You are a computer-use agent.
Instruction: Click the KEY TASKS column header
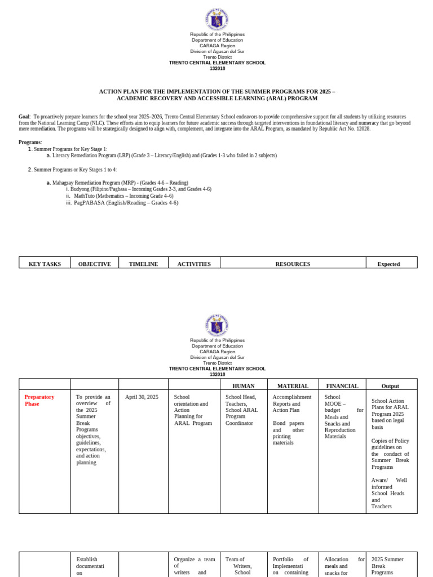[x=45, y=264]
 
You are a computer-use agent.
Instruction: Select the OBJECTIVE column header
[x=95, y=264]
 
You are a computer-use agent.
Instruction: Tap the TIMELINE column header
[x=143, y=264]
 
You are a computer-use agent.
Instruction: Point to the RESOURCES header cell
[x=293, y=264]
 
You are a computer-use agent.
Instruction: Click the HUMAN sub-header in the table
[x=244, y=386]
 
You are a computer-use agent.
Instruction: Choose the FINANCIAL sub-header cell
[x=342, y=386]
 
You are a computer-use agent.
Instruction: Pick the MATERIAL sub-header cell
[x=293, y=386]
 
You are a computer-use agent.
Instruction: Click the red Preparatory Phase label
[x=39, y=400]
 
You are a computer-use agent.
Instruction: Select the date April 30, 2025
[x=142, y=397]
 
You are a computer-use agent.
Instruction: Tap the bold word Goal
[x=24, y=117]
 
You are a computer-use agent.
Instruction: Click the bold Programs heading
[x=29, y=143]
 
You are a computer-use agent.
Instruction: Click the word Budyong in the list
[x=80, y=189]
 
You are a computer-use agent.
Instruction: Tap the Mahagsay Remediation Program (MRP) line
[x=120, y=183]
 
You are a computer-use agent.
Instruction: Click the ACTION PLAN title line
[x=217, y=91]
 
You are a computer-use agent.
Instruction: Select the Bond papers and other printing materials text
[x=289, y=433]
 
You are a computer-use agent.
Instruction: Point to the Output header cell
[x=390, y=386]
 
